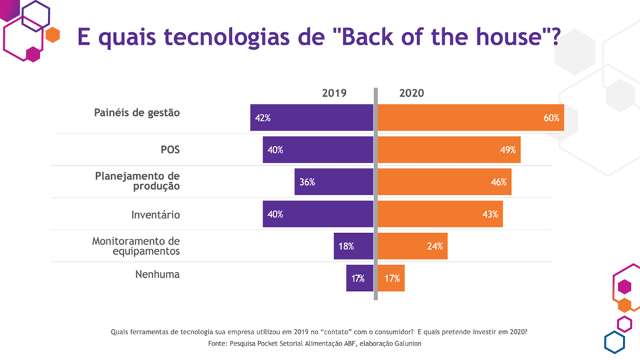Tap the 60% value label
click(551, 118)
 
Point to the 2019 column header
click(334, 93)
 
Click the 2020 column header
click(412, 93)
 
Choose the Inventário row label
click(155, 215)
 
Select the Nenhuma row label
click(157, 274)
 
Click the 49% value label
click(508, 150)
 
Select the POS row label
click(170, 150)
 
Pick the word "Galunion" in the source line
click(404, 344)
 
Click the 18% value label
click(346, 247)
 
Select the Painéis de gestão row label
click(136, 113)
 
